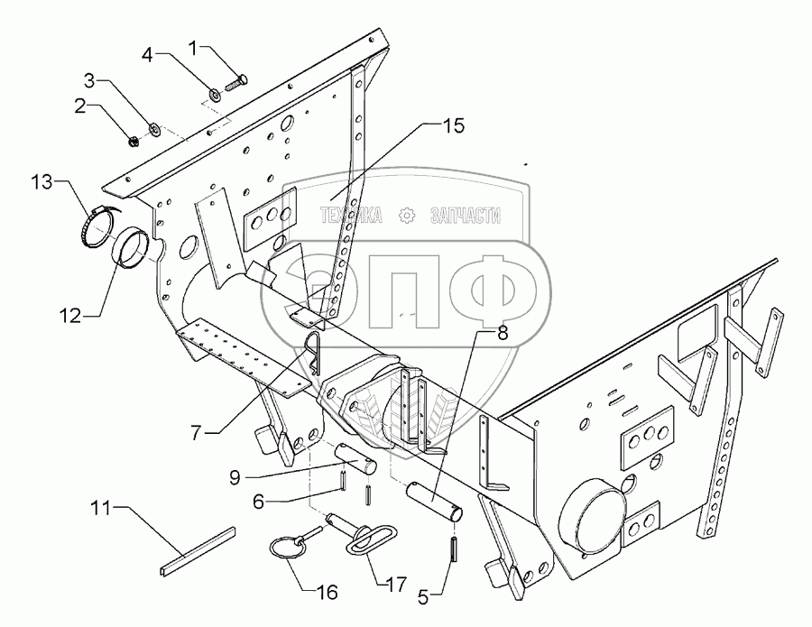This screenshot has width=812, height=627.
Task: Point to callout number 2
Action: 81,106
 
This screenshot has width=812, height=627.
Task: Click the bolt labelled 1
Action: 236,83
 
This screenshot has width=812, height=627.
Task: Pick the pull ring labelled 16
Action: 288,549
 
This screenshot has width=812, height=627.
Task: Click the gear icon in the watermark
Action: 407,215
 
